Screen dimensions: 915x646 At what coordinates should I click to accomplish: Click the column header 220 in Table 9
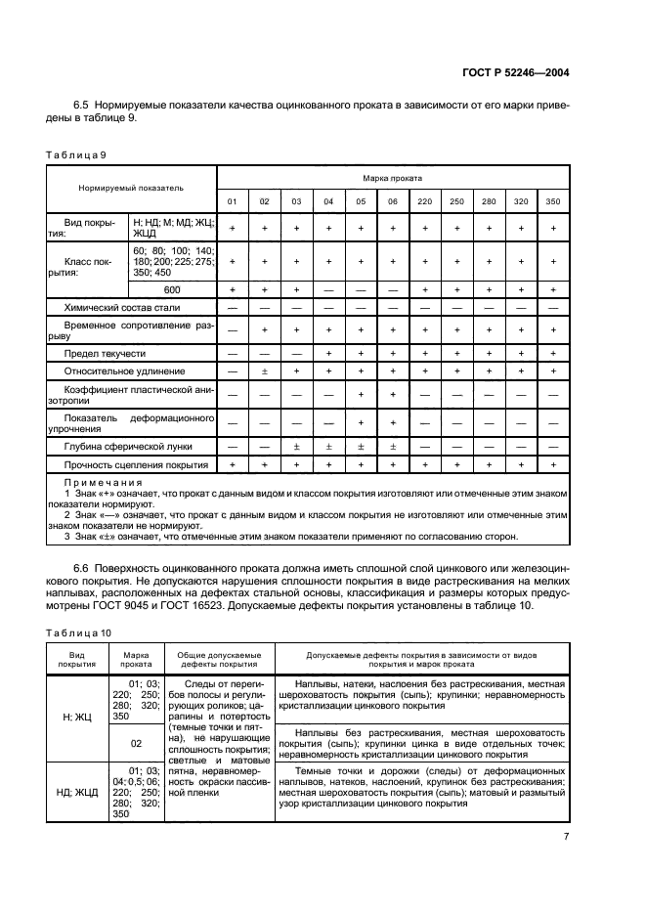point(425,201)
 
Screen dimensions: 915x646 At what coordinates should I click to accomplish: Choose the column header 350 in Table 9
point(553,201)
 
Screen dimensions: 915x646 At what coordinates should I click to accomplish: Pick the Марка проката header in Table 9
point(392,179)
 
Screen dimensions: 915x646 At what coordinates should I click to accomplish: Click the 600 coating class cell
point(172,289)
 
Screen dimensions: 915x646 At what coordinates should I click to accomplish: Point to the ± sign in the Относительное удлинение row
point(264,371)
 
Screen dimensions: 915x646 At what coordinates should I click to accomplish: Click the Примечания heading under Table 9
point(103,482)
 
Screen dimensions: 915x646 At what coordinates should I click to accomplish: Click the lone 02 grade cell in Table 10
point(137,742)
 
